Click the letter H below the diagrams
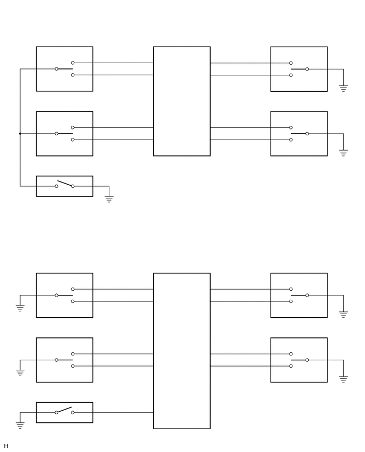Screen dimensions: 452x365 click(x=6, y=446)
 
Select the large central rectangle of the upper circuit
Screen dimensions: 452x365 click(x=181, y=101)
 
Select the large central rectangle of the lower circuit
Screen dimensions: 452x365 click(x=181, y=351)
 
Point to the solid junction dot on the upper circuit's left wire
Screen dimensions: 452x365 click(x=20, y=134)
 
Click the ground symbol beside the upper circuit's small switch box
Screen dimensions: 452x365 click(x=109, y=199)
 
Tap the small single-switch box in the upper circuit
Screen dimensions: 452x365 click(x=64, y=186)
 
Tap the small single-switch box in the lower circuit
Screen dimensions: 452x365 click(x=64, y=412)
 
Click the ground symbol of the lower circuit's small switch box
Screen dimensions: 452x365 click(x=20, y=425)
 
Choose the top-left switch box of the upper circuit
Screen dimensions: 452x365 click(x=64, y=69)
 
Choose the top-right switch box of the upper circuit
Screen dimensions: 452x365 click(x=299, y=69)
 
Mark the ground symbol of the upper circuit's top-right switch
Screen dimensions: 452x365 click(x=343, y=88)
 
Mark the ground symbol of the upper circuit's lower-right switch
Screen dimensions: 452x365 click(x=343, y=153)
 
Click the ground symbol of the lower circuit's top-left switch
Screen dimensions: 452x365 click(x=20, y=308)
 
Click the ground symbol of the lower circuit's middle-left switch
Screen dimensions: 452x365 click(x=20, y=372)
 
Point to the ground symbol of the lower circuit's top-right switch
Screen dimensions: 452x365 click(x=343, y=314)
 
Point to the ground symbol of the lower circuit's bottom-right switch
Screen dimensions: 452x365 click(x=343, y=379)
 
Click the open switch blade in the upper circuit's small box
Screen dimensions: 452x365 click(x=64, y=184)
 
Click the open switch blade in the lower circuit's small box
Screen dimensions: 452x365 click(x=64, y=410)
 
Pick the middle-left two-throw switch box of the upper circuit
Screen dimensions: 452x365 click(x=64, y=134)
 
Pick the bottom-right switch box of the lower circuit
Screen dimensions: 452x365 click(x=299, y=360)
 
